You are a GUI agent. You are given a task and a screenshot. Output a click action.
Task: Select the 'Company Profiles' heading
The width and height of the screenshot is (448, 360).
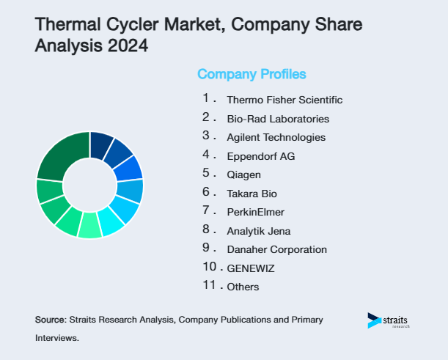point(251,74)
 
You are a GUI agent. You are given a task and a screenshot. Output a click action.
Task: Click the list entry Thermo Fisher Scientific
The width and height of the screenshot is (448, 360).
point(284,100)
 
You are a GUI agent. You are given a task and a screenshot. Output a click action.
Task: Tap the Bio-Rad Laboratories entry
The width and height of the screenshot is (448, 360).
point(278,119)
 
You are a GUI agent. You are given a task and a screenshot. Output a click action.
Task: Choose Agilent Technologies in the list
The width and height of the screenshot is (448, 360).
point(276,137)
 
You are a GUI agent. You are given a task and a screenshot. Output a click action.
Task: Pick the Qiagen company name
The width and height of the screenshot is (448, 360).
point(243,175)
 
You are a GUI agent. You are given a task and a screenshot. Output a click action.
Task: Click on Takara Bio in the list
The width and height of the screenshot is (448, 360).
point(252,194)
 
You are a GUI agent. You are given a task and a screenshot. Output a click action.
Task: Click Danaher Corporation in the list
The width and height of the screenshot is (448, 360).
point(277,249)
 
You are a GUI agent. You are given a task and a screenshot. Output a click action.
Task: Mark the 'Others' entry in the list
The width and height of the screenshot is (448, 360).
point(243,287)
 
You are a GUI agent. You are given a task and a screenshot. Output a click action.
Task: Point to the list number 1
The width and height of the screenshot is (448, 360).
point(207,98)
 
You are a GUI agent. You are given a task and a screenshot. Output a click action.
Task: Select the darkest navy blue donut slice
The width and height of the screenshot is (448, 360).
point(100,144)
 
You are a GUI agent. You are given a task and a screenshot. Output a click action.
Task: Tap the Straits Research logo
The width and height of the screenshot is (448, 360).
point(388,321)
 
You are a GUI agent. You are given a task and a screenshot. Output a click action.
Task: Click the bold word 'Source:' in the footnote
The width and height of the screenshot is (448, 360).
point(50,320)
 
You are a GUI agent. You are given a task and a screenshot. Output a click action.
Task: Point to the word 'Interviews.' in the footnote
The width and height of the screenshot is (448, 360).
point(56,339)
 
